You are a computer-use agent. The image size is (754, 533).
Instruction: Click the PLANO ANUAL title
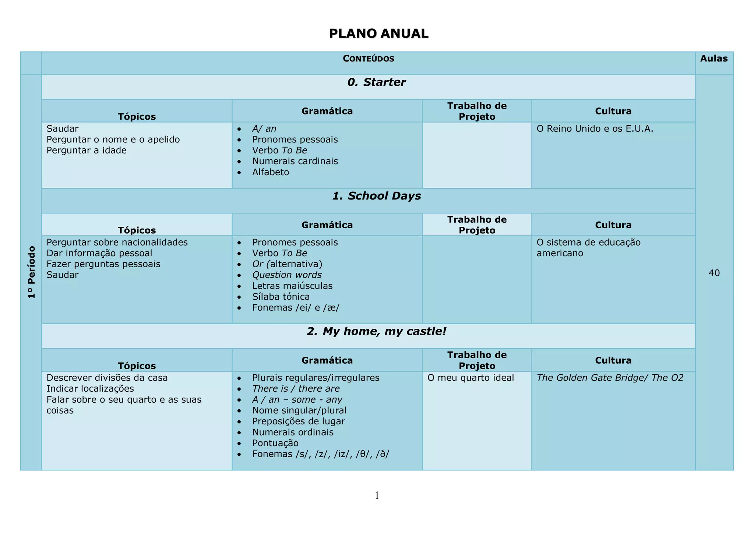point(378,33)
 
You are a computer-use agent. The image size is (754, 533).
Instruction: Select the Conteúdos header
point(368,59)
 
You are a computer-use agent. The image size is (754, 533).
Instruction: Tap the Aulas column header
point(714,59)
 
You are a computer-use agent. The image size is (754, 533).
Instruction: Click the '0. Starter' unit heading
point(376,82)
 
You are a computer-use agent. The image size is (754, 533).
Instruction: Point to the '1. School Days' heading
point(376,196)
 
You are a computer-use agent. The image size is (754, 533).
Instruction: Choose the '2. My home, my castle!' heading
point(376,331)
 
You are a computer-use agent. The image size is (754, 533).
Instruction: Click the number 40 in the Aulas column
point(714,273)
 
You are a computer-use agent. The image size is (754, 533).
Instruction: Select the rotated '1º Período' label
point(32,272)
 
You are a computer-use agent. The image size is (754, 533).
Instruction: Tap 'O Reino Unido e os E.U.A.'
point(595,129)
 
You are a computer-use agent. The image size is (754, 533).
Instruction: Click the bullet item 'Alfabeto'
point(271,172)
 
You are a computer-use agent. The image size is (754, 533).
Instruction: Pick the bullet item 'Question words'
point(287,275)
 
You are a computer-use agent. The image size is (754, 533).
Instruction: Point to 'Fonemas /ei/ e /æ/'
point(296,308)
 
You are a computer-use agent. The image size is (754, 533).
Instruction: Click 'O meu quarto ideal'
point(471,378)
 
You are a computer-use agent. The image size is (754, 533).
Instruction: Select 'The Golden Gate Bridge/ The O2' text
point(610,378)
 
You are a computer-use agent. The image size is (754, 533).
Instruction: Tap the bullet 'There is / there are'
point(296,389)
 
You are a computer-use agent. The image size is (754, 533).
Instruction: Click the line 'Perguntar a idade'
point(87,150)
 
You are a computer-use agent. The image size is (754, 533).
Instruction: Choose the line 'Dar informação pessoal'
point(99,253)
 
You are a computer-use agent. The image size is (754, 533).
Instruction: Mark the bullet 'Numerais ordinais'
point(293,432)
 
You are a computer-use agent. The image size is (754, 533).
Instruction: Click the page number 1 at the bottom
point(377,495)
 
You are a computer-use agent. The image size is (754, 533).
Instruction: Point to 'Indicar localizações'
point(90,389)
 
